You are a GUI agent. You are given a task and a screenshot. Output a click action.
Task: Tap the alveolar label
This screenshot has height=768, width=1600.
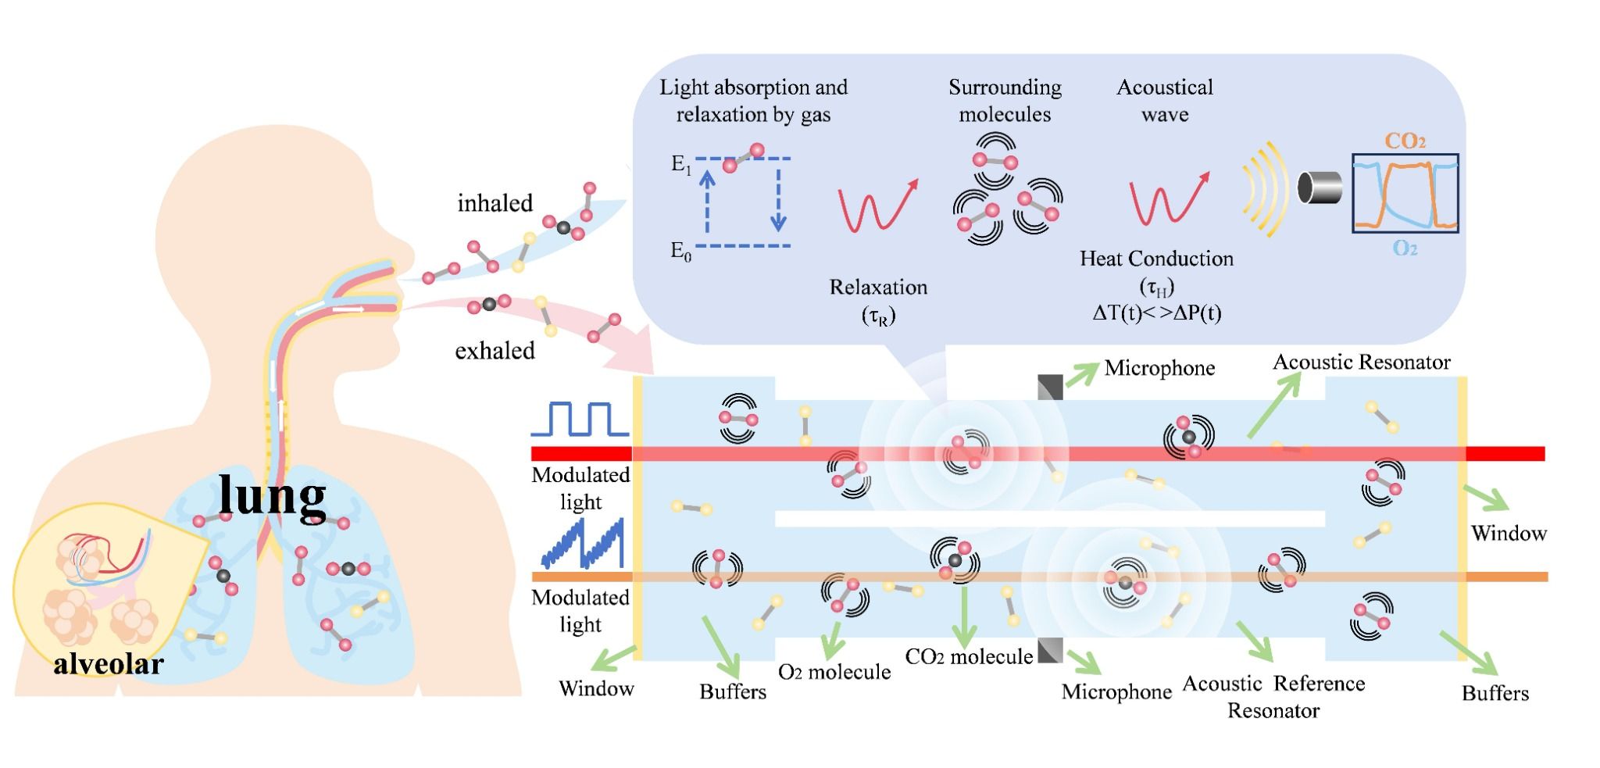(x=109, y=663)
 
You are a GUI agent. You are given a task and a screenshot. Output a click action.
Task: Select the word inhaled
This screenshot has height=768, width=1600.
(x=495, y=203)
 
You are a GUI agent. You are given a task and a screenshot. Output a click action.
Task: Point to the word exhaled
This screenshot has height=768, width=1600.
(x=495, y=350)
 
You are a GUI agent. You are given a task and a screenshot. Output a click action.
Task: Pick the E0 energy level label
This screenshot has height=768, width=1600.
(x=681, y=251)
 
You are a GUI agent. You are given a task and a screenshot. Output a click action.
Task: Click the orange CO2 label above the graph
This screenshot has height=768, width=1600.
(x=1405, y=141)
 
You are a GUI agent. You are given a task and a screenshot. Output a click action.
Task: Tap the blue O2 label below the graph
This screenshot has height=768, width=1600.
(x=1405, y=248)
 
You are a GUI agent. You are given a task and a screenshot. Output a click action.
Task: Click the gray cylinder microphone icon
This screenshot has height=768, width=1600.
(x=1320, y=188)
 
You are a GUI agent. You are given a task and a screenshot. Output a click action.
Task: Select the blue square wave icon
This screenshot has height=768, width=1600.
(x=580, y=419)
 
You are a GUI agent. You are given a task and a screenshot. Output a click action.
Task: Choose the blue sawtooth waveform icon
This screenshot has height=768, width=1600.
(x=583, y=542)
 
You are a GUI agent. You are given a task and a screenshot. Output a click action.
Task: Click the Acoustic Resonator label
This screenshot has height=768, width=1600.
(x=1362, y=362)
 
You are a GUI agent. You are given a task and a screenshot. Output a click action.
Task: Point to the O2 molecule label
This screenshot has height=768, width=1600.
(x=834, y=672)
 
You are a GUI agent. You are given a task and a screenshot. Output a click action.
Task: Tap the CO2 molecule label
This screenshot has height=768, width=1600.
(x=969, y=656)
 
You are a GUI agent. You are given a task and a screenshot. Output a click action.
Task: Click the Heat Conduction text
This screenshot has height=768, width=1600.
(x=1156, y=259)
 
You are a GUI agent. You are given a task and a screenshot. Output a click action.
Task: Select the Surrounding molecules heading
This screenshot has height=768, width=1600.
(x=1005, y=101)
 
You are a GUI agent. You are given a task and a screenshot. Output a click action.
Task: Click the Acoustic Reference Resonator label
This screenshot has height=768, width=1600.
(x=1273, y=697)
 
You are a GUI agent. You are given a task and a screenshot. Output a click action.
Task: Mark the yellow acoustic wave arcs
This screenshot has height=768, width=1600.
(x=1263, y=188)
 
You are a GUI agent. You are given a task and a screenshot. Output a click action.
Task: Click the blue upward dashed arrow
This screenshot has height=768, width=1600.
(x=707, y=202)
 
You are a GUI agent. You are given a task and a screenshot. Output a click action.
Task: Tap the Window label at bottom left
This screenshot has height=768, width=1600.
(x=596, y=688)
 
